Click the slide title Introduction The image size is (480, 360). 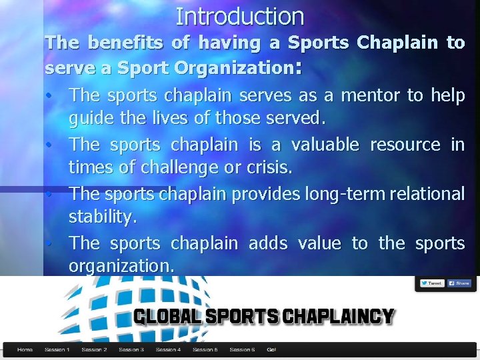240,16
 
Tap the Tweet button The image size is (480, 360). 432,283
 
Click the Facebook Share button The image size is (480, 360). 459,283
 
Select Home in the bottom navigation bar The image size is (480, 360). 25,349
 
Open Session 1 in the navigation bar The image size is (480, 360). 57,349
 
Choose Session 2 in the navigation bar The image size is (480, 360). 94,349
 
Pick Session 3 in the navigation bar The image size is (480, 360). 131,349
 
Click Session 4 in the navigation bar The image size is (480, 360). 168,349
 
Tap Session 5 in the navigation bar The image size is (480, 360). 205,349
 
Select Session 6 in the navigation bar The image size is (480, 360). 242,349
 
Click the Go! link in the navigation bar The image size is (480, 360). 271,349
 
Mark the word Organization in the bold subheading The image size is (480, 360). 230,67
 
